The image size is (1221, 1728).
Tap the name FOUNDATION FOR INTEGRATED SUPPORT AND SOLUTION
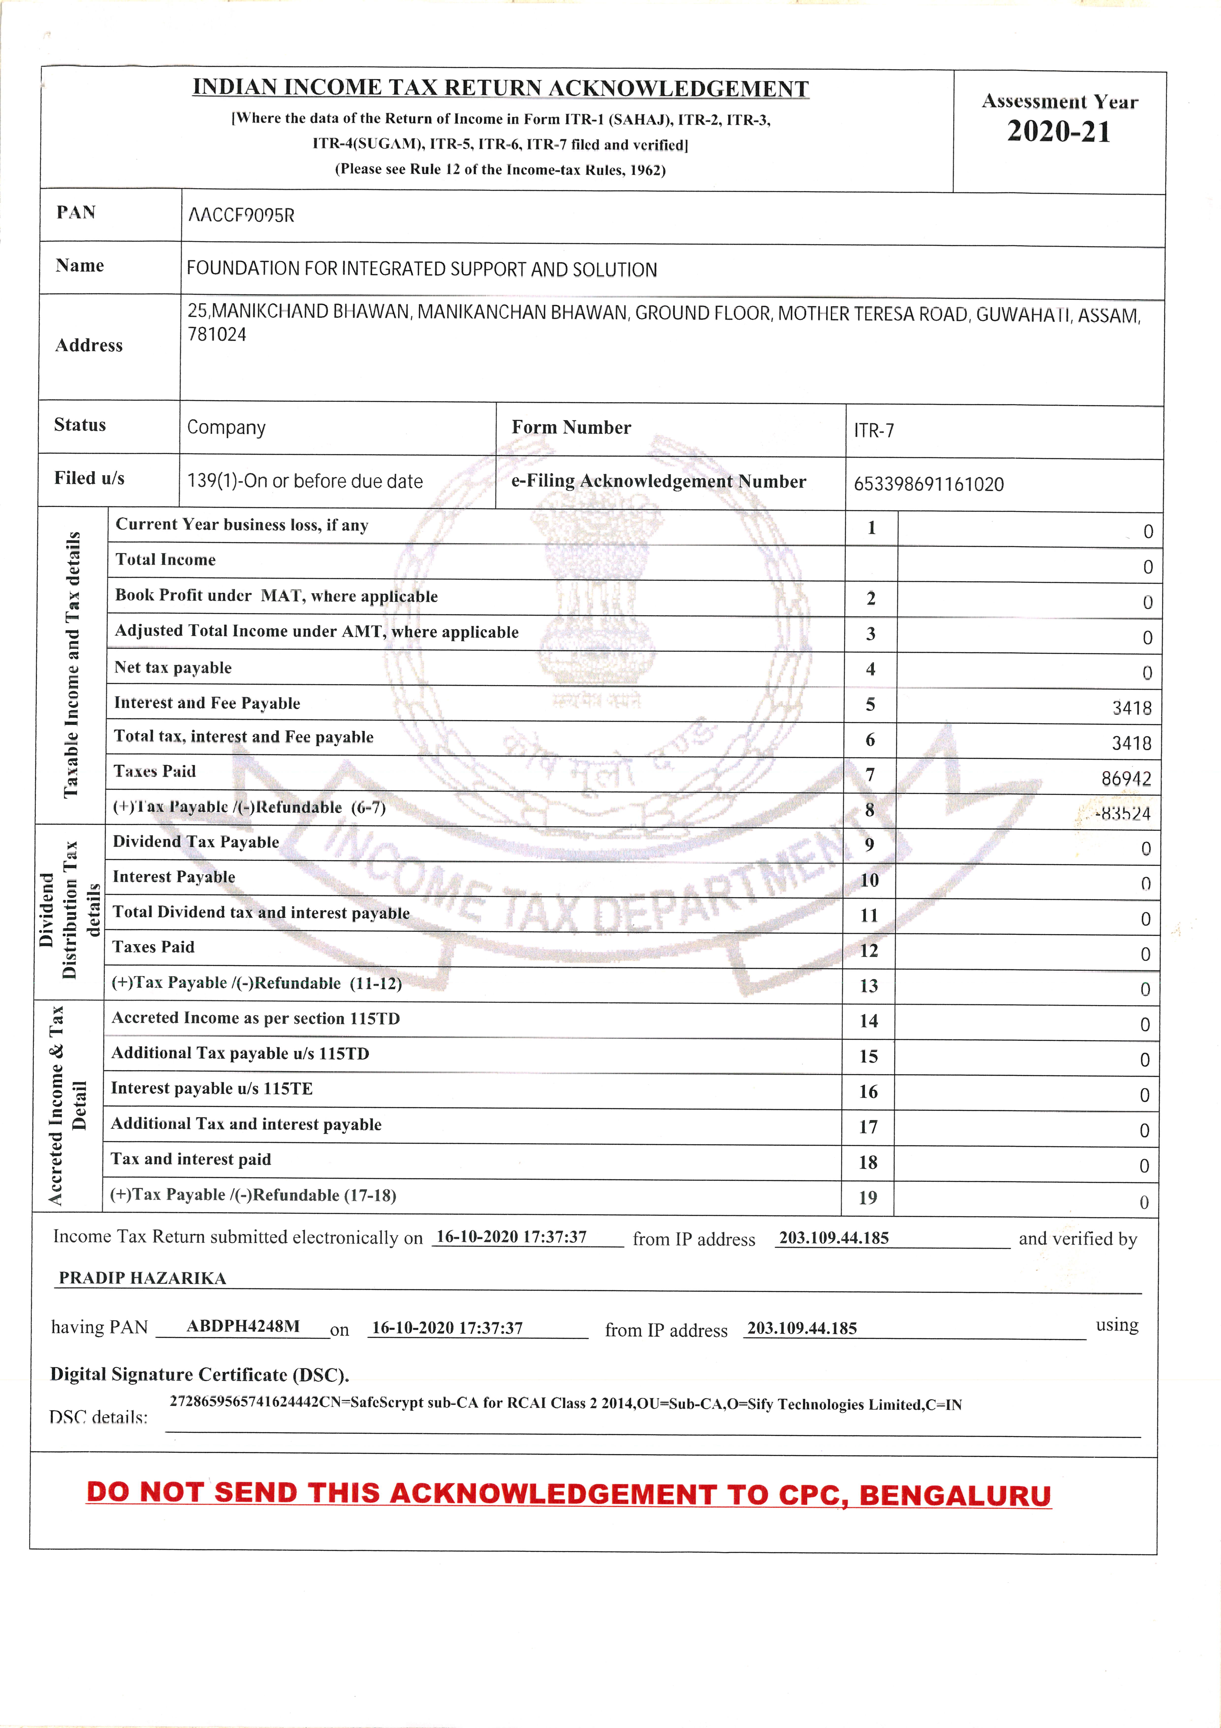pyautogui.click(x=421, y=269)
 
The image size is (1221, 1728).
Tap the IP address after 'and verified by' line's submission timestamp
pyautogui.click(x=834, y=1238)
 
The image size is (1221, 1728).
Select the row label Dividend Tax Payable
pyautogui.click(x=196, y=842)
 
